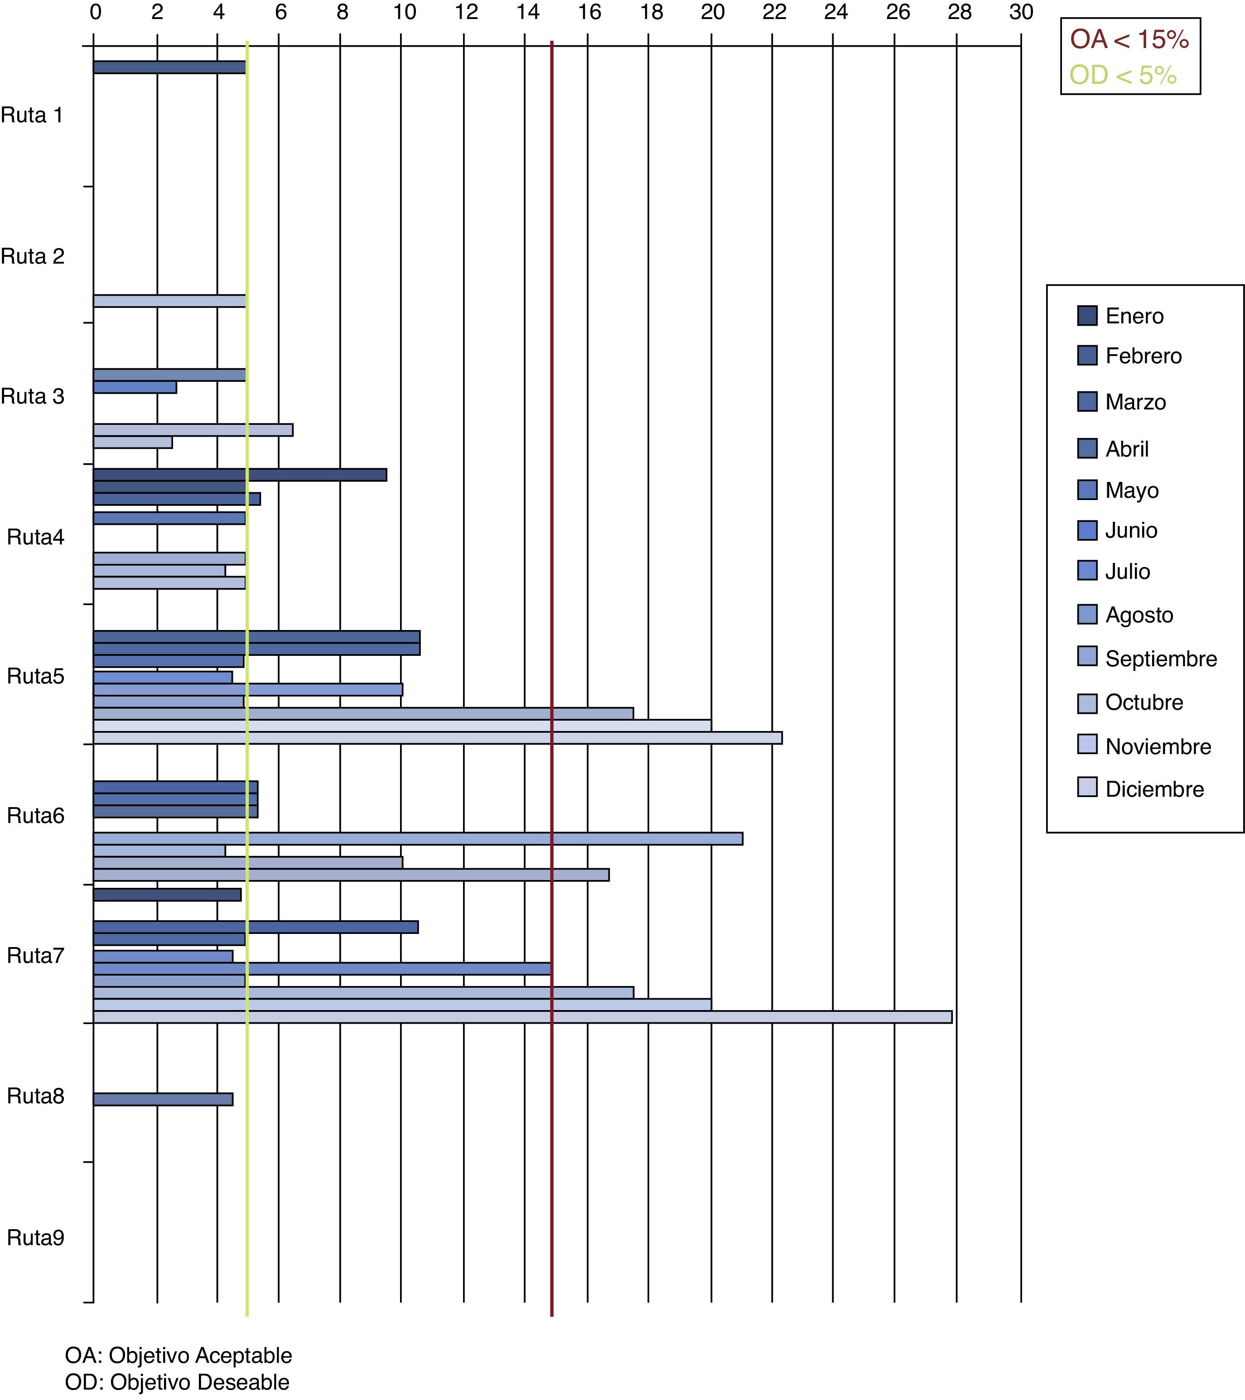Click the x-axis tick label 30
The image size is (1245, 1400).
pyautogui.click(x=1020, y=12)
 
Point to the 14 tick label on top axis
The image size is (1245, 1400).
pyautogui.click(x=528, y=12)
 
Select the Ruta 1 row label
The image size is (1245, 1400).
pyautogui.click(x=32, y=115)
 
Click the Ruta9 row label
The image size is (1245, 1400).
pyautogui.click(x=36, y=1238)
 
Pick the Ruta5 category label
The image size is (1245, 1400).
pyautogui.click(x=36, y=676)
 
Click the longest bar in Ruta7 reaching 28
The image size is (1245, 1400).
pyautogui.click(x=522, y=1016)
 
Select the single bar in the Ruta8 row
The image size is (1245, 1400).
pyautogui.click(x=163, y=1099)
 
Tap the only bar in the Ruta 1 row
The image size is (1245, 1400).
pyautogui.click(x=169, y=67)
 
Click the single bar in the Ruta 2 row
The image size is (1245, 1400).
pyautogui.click(x=169, y=301)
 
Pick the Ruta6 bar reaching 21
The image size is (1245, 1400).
pyautogui.click(x=418, y=838)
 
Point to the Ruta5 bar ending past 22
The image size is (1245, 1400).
pyautogui.click(x=437, y=738)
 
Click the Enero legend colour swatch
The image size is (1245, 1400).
pyautogui.click(x=1087, y=315)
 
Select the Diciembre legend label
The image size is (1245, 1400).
pyautogui.click(x=1154, y=789)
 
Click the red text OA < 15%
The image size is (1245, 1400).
pyautogui.click(x=1129, y=40)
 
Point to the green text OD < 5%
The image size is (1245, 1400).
pyautogui.click(x=1123, y=75)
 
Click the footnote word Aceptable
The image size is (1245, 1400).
pyautogui.click(x=244, y=1356)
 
